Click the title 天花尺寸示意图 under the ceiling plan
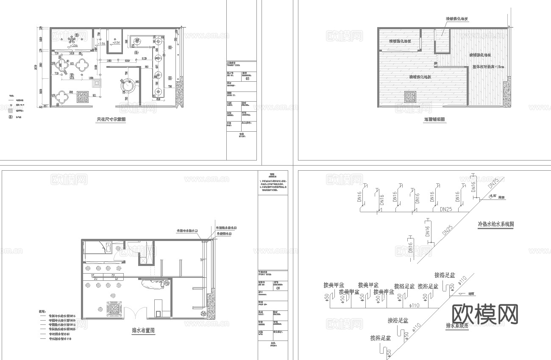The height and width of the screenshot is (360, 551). [111, 120]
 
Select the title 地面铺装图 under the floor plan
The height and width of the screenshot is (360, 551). [434, 120]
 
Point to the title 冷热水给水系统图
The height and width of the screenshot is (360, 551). [495, 224]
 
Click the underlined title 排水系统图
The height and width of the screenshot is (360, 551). [457, 325]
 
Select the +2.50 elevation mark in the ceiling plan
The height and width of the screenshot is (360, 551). [116, 43]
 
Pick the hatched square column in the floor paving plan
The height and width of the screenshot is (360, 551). [410, 97]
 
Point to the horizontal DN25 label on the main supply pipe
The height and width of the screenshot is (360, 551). [447, 209]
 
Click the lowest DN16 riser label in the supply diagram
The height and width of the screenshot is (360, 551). [410, 247]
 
